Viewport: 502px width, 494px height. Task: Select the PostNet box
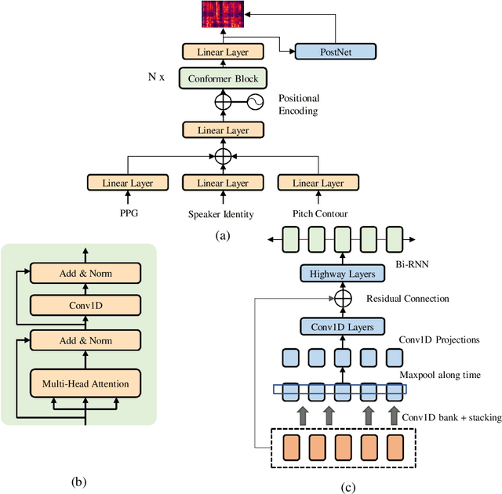[x=335, y=52]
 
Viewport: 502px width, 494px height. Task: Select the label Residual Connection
[x=408, y=299]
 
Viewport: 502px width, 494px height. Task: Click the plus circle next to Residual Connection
[x=341, y=299]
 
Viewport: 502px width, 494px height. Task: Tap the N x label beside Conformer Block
[x=157, y=78]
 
